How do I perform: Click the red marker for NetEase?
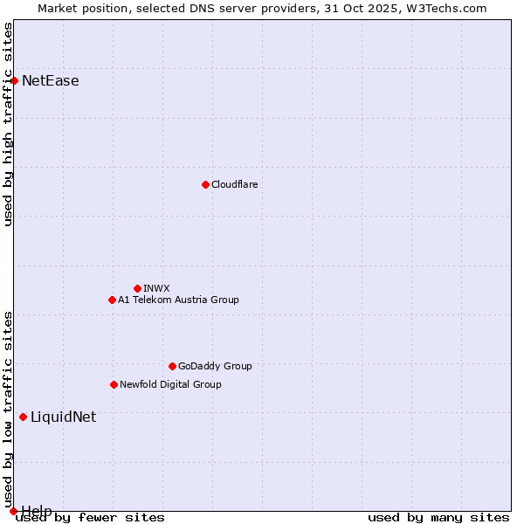[x=14, y=80]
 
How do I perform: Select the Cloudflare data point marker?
[x=205, y=184]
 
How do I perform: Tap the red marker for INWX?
[x=137, y=288]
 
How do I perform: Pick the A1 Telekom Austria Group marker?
[x=112, y=300]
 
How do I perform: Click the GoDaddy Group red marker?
[x=172, y=366]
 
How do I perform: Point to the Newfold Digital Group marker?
[x=114, y=384]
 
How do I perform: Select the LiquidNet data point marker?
[x=23, y=417]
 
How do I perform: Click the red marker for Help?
[x=13, y=511]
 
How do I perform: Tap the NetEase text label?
[x=51, y=81]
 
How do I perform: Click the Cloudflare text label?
[x=234, y=184]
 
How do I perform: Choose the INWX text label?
[x=156, y=288]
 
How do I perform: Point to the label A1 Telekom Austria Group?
[x=178, y=300]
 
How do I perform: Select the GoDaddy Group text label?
[x=215, y=366]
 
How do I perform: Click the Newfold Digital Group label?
[x=170, y=384]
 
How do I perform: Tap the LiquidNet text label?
[x=64, y=417]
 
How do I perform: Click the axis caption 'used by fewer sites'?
[x=90, y=517]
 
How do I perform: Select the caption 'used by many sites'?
[x=438, y=517]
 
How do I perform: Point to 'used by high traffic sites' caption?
[x=8, y=124]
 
